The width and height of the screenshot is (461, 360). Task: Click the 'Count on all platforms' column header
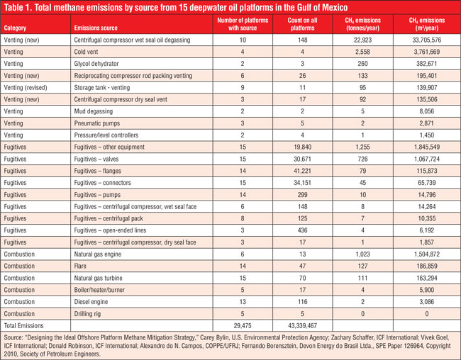302,24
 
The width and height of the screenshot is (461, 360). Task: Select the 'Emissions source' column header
96,28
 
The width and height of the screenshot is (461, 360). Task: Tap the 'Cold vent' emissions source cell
86,52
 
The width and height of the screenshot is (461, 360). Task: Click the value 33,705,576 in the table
426,40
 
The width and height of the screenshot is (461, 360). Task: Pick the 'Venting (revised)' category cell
26,88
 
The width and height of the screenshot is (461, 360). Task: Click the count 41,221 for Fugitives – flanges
303,171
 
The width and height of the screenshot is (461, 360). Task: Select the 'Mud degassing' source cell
93,111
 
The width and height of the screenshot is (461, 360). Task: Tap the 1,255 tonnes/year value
362,147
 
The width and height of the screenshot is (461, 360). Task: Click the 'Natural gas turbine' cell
98,278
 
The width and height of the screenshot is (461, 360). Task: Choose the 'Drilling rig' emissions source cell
87,314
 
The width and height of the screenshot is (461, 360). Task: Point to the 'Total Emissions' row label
23,325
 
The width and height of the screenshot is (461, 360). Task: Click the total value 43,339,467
303,325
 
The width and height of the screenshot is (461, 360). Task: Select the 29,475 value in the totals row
243,325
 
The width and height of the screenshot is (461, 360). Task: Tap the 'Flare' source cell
80,266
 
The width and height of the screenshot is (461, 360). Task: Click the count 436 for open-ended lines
303,230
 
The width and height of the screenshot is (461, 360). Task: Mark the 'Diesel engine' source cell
91,302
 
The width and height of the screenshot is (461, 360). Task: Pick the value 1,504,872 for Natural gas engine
426,254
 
